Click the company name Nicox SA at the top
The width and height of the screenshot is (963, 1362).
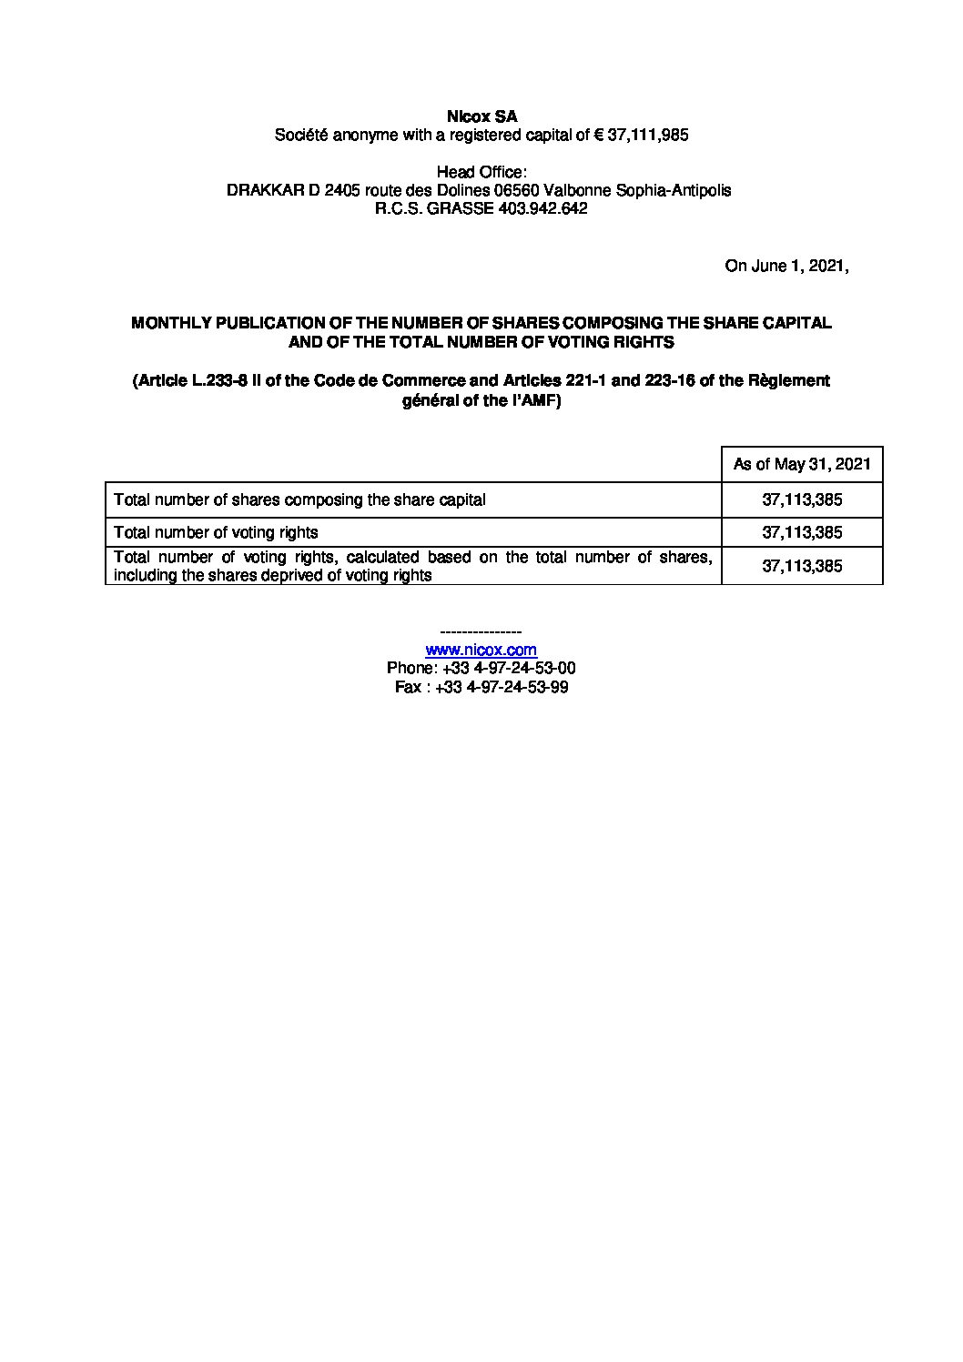[x=481, y=116]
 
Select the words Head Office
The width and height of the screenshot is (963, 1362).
[x=481, y=172]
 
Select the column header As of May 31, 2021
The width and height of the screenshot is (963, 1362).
[x=802, y=464]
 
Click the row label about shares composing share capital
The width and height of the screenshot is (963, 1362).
[x=299, y=499]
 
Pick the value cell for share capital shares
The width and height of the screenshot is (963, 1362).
[x=802, y=499]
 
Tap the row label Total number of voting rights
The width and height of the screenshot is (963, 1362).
[x=216, y=532]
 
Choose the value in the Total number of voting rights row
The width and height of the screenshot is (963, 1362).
[x=802, y=532]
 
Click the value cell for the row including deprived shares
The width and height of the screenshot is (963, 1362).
[x=802, y=566]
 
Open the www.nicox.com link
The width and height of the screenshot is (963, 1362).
[x=481, y=650]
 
